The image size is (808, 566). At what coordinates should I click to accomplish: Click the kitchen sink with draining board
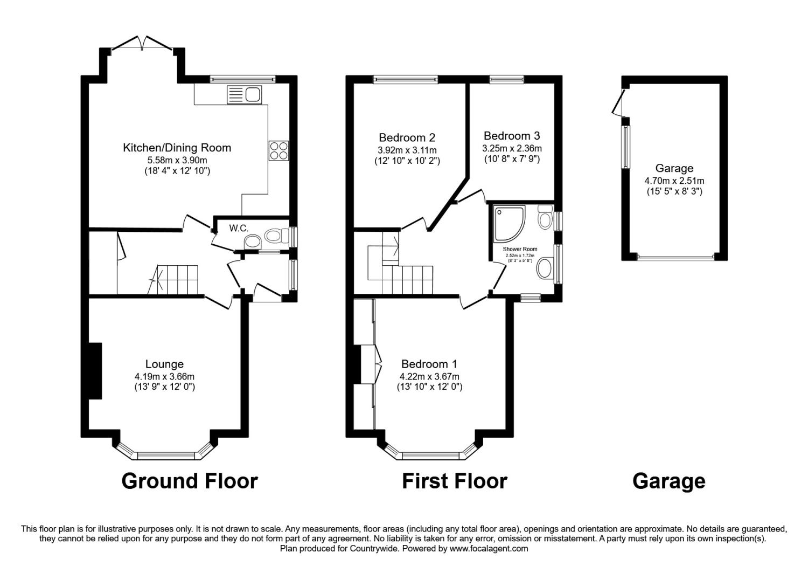pos(244,94)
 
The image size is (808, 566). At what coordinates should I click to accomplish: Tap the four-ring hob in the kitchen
pos(279,150)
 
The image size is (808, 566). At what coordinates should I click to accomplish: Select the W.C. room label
pos(239,228)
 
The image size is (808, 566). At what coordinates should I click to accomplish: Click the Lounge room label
pos(164,363)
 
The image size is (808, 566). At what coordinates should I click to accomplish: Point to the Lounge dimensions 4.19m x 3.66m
pos(164,376)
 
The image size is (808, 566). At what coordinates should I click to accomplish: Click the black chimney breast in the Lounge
pos(95,371)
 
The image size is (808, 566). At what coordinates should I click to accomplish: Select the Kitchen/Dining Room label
pos(177,147)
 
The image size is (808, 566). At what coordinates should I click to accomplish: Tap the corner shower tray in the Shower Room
pos(510,224)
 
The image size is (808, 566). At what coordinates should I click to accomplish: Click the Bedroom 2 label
pos(407,137)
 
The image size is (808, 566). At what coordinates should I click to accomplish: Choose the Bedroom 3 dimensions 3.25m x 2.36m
pos(512,148)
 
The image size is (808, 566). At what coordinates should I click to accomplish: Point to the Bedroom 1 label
pos(429,363)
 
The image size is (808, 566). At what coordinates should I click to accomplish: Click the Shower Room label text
pos(520,249)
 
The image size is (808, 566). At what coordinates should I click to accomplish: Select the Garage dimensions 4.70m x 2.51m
pos(674,181)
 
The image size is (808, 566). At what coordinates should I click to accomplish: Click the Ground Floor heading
pos(190,481)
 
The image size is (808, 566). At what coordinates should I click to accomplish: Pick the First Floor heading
pos(455,481)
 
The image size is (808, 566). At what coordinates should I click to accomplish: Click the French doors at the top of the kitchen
pos(143,45)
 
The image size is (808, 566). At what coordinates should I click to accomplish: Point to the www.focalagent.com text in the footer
pos(489,549)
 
